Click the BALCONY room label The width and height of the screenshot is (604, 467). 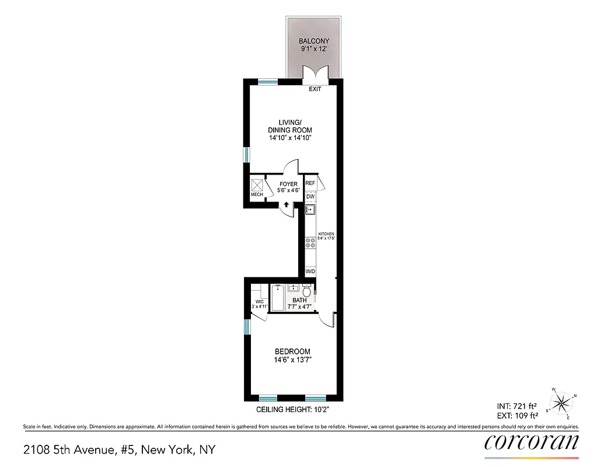click(x=314, y=41)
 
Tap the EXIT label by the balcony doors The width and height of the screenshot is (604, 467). click(x=315, y=89)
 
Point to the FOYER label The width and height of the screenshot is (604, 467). click(x=288, y=184)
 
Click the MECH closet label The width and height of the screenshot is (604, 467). click(x=257, y=194)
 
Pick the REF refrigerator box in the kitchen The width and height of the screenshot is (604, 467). click(x=310, y=183)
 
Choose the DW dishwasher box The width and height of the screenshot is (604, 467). click(x=310, y=197)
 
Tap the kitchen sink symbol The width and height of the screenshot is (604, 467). click(x=310, y=210)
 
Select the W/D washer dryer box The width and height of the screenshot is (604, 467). click(x=310, y=272)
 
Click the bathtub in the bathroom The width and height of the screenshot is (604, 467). click(x=277, y=298)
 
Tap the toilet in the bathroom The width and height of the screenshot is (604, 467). click(x=308, y=291)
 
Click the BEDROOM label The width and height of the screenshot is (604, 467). click(x=292, y=351)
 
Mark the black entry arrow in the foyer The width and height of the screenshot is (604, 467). click(x=286, y=205)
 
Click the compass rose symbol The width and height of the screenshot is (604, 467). click(x=561, y=402)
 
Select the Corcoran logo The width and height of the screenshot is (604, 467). click(x=532, y=442)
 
